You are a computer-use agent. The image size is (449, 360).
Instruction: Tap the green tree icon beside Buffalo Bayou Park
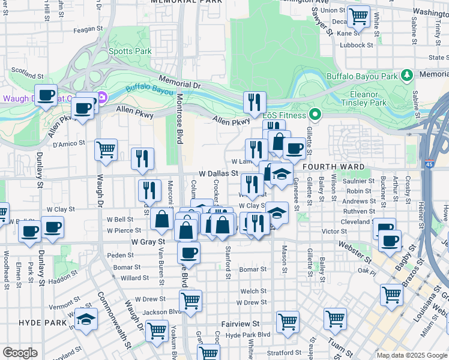tap(408, 75)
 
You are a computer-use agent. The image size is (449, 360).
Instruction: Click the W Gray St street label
tap(148, 241)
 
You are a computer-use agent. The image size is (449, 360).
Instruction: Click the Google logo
tap(20, 353)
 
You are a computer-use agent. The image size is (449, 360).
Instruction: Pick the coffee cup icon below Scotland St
tap(46, 95)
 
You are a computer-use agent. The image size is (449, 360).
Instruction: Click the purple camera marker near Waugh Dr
tap(102, 97)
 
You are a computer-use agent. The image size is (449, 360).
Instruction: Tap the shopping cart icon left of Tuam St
tap(335, 317)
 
